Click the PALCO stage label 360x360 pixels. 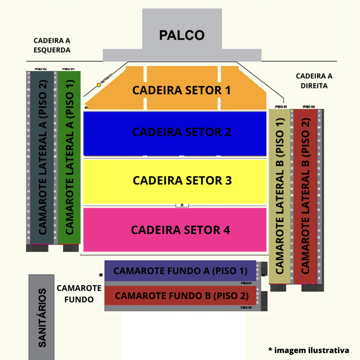click(x=182, y=35)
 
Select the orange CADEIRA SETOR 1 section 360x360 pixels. click(x=182, y=90)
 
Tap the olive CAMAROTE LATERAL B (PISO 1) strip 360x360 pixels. click(x=279, y=197)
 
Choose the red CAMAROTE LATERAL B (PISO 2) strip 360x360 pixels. click(x=305, y=197)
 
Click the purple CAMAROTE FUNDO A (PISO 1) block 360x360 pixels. click(x=180, y=271)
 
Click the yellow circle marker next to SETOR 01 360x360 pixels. click(x=99, y=85)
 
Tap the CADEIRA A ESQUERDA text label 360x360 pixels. click(x=52, y=45)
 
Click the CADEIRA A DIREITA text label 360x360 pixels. click(x=314, y=81)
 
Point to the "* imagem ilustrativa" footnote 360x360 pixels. click(x=309, y=350)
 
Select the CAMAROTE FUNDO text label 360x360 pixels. click(x=79, y=294)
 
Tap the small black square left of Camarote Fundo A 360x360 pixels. click(x=101, y=275)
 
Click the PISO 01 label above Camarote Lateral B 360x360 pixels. click(x=281, y=107)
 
